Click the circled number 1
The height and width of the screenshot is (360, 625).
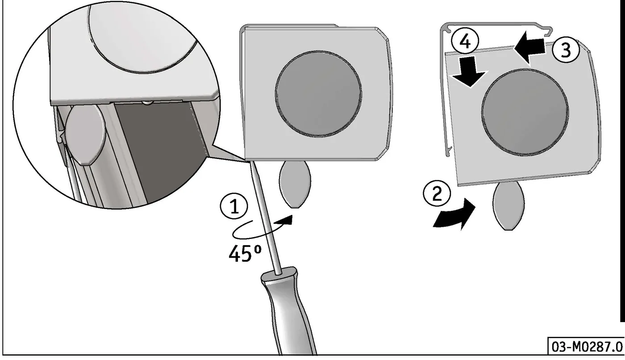click(x=234, y=207)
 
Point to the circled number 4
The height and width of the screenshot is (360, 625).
click(x=465, y=42)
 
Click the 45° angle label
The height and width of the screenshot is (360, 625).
click(x=245, y=253)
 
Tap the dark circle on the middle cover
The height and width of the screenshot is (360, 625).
click(x=318, y=94)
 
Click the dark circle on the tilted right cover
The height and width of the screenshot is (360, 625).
click(x=525, y=113)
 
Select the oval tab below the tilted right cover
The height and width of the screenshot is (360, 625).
click(x=508, y=206)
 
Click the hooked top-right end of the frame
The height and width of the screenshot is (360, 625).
click(x=548, y=32)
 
